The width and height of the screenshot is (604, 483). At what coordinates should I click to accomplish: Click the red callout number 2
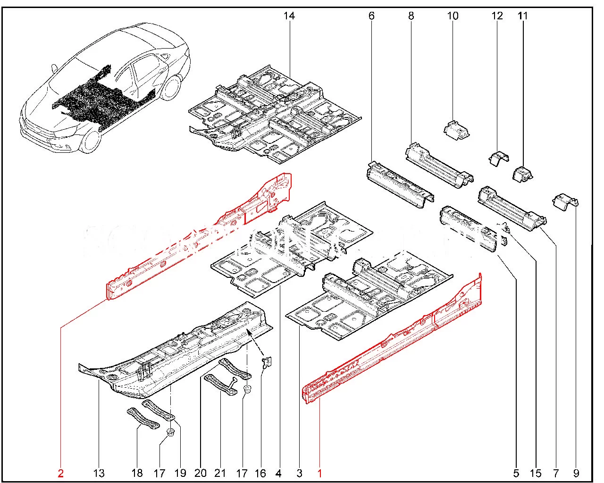coord(60,473)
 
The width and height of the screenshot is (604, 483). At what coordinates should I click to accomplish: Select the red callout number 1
coord(319,473)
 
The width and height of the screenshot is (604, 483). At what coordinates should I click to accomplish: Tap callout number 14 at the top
coord(289,16)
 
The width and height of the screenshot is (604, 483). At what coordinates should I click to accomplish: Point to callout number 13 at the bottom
coord(99,473)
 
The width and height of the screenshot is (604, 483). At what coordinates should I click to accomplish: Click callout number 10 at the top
coord(453,16)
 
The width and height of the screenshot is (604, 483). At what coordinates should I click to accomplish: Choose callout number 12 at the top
coord(497,16)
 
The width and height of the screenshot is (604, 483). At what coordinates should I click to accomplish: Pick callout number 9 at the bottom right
coord(576,473)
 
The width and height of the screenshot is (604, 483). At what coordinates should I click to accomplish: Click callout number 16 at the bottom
coord(260,473)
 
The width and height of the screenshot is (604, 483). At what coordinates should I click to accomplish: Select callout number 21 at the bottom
coord(220,473)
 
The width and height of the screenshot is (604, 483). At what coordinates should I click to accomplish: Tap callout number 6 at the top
coord(371,16)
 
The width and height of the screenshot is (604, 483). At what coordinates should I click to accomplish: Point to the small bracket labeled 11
coord(522,173)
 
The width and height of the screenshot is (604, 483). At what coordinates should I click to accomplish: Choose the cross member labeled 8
coord(439,165)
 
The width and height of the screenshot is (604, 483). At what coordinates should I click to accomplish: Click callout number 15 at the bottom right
coord(536,473)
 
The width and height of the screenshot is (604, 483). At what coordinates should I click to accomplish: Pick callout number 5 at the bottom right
coord(516,473)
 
